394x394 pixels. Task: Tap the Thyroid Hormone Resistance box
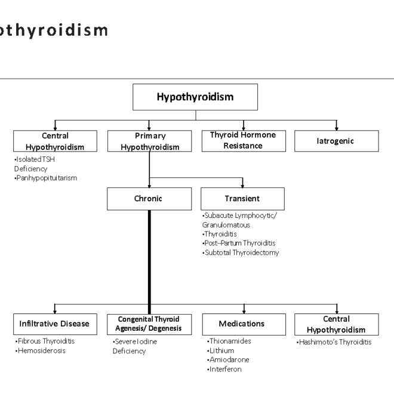pyautogui.click(x=243, y=141)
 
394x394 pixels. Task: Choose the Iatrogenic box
pyautogui.click(x=336, y=141)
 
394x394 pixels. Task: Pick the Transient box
pyautogui.click(x=242, y=199)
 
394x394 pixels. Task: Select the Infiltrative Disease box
pyautogui.click(x=55, y=324)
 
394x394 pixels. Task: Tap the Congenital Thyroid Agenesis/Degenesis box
pyautogui.click(x=149, y=324)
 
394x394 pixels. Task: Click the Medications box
pyautogui.click(x=243, y=324)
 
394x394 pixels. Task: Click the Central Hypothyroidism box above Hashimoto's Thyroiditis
pyautogui.click(x=336, y=324)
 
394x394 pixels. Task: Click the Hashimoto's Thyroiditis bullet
pyautogui.click(x=334, y=342)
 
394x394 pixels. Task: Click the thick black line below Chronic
pyautogui.click(x=149, y=257)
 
